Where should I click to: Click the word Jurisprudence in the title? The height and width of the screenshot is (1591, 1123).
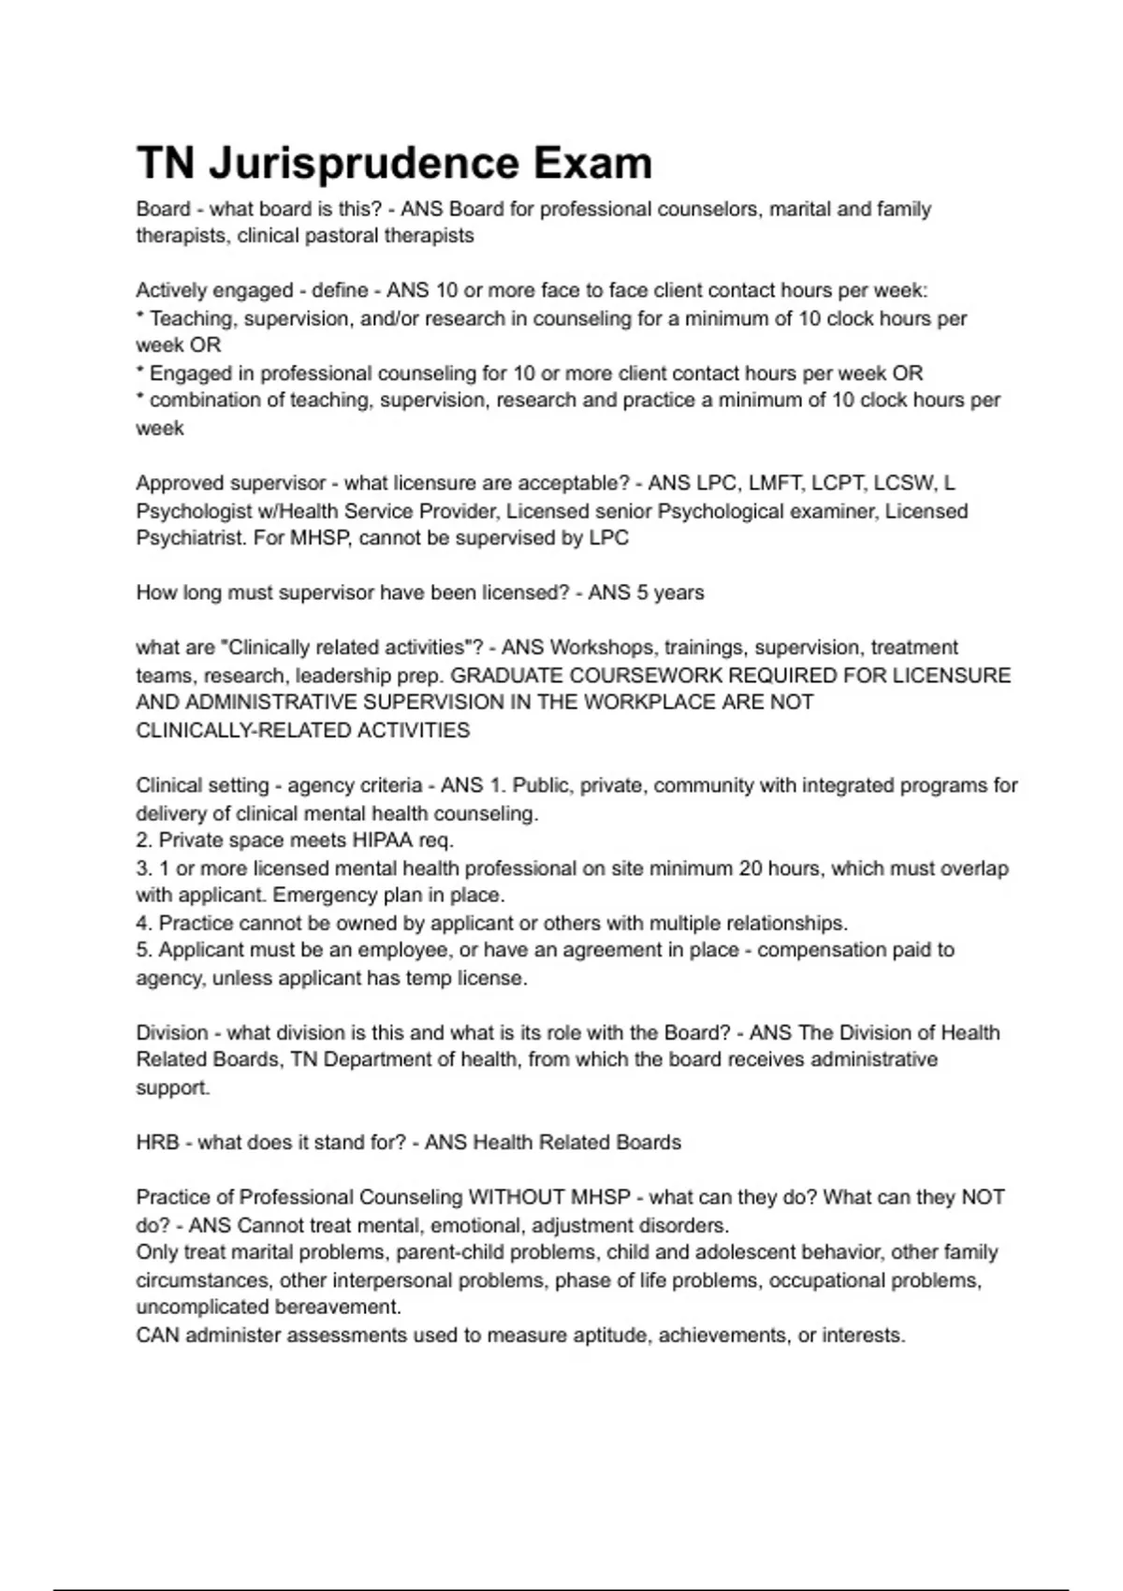363,163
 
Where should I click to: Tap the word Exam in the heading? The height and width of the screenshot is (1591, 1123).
592,163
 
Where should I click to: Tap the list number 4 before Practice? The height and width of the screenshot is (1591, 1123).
142,924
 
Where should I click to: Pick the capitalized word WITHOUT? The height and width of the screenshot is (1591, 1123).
518,1198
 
